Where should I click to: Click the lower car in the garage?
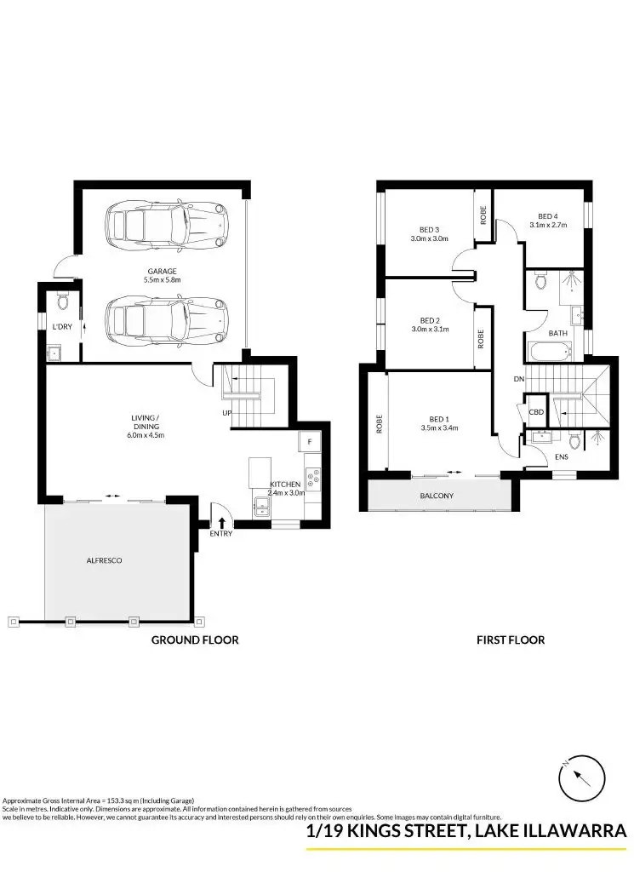[x=167, y=319]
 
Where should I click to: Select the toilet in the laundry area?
[x=62, y=302]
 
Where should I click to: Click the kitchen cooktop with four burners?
[x=313, y=478]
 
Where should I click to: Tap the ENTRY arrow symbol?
[x=222, y=522]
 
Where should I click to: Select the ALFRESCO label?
[x=105, y=560]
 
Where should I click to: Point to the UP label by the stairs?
[x=227, y=413]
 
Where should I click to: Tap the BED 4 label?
[x=548, y=216]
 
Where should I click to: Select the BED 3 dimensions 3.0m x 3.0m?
[x=429, y=239]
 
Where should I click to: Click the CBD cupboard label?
[x=536, y=412]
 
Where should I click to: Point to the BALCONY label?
[x=437, y=496]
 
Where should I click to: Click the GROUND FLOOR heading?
[x=195, y=640]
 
